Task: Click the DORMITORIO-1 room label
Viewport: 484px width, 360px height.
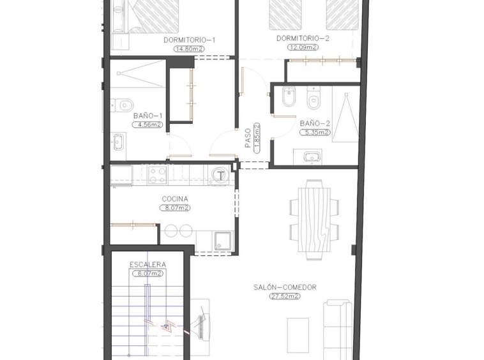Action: pos(190,40)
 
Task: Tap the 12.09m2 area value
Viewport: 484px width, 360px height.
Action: pos(303,47)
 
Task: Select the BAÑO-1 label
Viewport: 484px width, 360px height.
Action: pos(148,116)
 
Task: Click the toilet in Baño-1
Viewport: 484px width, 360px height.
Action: pos(121,105)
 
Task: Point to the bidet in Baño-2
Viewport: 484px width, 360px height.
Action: pos(289,96)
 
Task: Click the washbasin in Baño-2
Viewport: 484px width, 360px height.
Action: pos(312,157)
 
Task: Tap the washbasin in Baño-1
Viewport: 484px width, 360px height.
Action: pos(119,142)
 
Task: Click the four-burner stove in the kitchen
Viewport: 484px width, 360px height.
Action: pos(157,175)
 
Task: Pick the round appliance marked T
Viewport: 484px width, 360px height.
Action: pos(220,176)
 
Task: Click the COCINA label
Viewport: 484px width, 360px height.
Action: pos(175,199)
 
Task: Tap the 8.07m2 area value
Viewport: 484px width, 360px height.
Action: pos(175,208)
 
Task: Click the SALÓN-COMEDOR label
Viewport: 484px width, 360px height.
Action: pos(285,287)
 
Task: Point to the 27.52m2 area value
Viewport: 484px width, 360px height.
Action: pos(285,296)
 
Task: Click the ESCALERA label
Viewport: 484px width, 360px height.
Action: pos(147,265)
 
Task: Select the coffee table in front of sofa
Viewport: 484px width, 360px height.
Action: pos(298,335)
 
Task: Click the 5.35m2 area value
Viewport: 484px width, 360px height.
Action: pos(315,133)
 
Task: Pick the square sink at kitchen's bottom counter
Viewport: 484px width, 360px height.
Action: pos(223,241)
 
